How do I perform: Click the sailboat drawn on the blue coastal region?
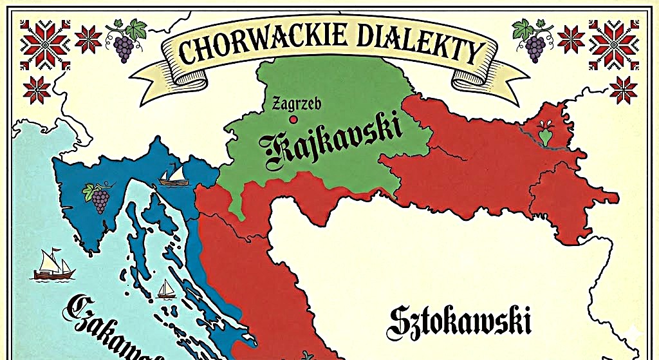tap(173, 175)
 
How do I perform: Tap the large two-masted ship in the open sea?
tap(53, 265)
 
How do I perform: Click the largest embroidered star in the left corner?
tap(45, 44)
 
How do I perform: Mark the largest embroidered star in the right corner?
tap(614, 44)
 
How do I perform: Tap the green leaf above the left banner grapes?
tap(136, 28)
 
